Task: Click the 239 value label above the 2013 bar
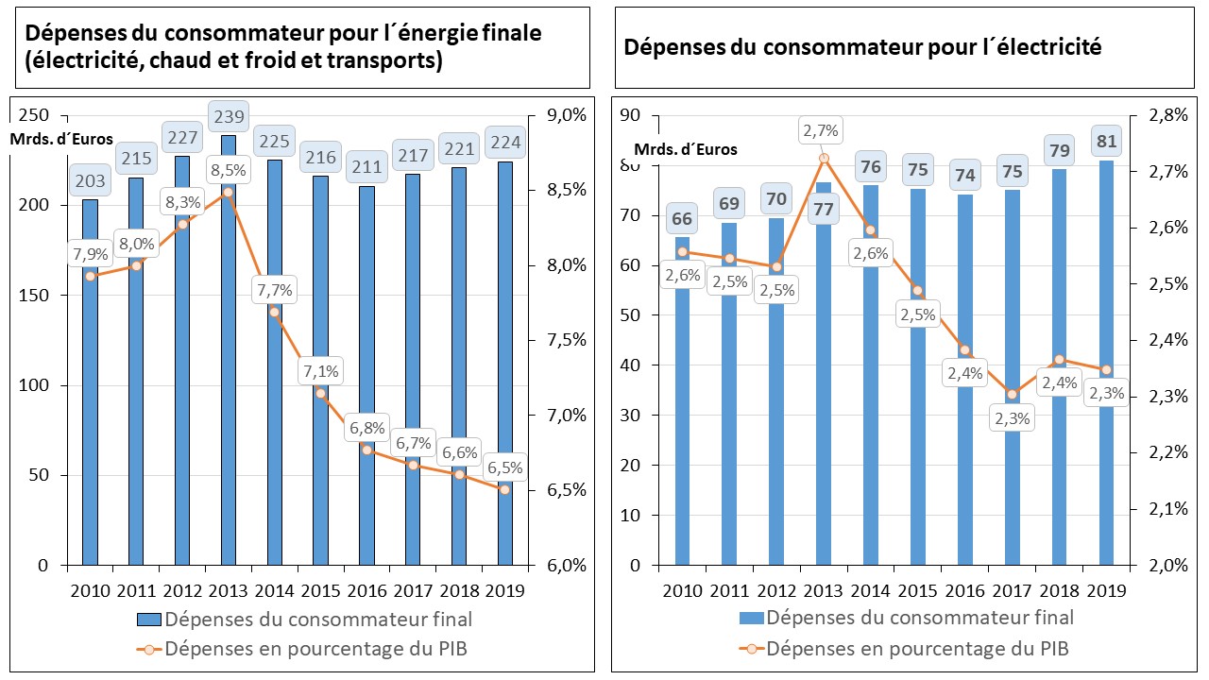[228, 117]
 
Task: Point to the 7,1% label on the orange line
[320, 370]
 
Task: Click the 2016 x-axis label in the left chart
[366, 591]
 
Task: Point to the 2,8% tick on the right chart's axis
[1167, 115]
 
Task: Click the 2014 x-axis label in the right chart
[870, 591]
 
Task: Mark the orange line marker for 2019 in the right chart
[1105, 369]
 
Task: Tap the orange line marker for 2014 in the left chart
[274, 312]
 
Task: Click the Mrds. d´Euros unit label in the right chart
[685, 149]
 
